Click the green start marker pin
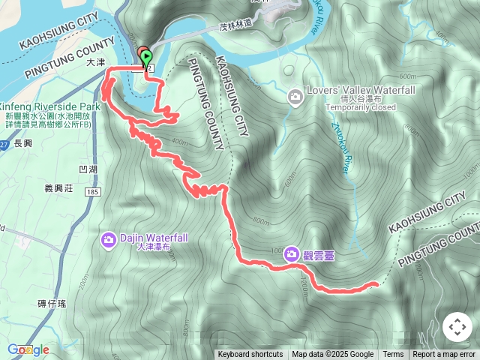click(x=145, y=57)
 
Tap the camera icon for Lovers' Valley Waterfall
click(x=295, y=96)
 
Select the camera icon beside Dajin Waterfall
click(x=109, y=240)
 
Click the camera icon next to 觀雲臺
click(x=291, y=254)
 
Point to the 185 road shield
click(x=92, y=193)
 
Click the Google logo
click(x=28, y=349)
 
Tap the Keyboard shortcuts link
click(x=250, y=355)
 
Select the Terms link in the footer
click(x=393, y=355)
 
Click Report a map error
click(x=444, y=355)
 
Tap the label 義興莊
click(x=58, y=189)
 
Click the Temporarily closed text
click(x=361, y=107)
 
